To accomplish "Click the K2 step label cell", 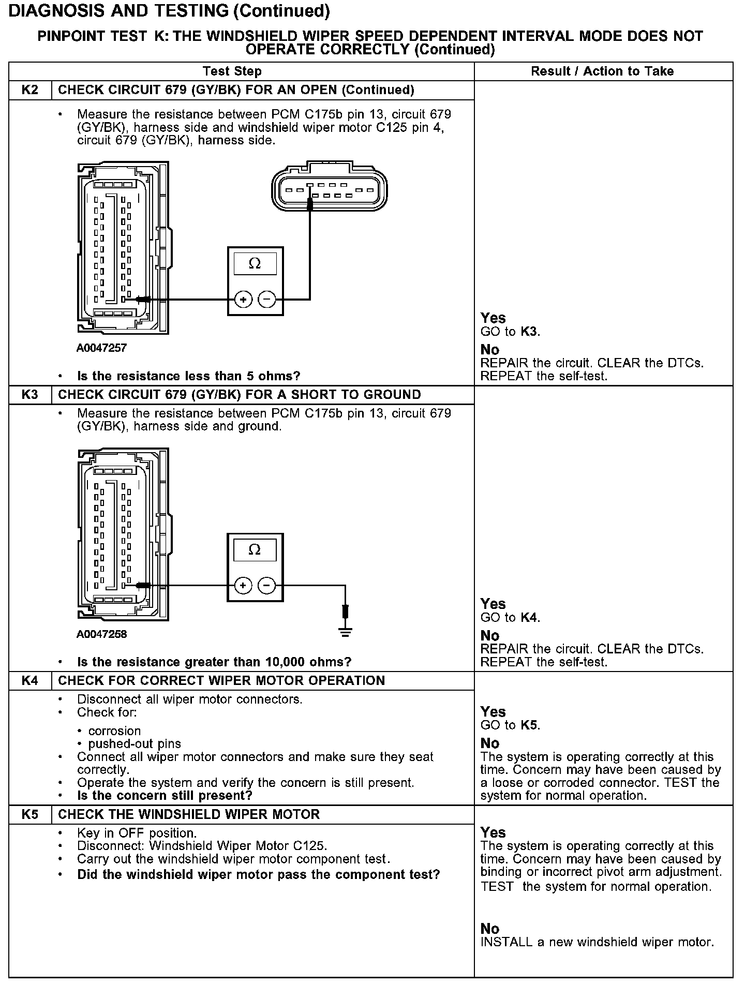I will tap(30, 90).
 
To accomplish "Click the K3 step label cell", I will tap(30, 395).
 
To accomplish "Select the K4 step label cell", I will tap(30, 680).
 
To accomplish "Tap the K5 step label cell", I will tap(30, 814).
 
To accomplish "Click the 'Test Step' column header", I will tap(232, 71).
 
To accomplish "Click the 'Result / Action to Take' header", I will tap(602, 71).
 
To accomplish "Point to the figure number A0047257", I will tap(101, 348).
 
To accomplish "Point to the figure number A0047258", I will tap(101, 634).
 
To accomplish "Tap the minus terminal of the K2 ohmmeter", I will tap(267, 300).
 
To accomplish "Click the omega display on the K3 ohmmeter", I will tap(255, 549).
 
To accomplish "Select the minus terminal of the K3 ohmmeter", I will tap(267, 586).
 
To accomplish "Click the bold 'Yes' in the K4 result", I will tap(493, 712).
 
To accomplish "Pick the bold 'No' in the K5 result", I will tap(489, 929).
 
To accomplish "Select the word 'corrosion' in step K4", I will tap(114, 731).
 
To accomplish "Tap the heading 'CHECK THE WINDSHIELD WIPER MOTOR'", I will tap(189, 814).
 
